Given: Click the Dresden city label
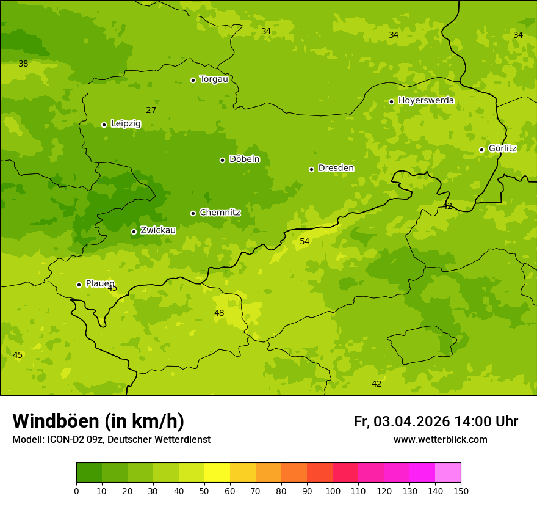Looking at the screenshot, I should point(336,168).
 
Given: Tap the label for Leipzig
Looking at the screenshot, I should point(126,123).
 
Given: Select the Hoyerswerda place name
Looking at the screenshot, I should point(426,100).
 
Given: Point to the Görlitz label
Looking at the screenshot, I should point(502,148).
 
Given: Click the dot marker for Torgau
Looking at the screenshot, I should point(193,80).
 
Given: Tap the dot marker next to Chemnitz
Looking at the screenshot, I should point(193,213).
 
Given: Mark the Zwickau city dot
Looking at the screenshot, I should point(134,232).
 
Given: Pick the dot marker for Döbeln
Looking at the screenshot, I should point(222,160).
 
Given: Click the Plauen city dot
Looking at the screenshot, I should point(79,285).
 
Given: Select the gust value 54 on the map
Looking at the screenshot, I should point(305,242).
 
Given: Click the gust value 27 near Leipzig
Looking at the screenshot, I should point(151,111).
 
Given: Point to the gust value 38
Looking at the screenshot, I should point(23,64).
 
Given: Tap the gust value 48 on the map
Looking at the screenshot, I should point(219,313).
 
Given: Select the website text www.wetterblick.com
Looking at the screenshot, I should point(440,440).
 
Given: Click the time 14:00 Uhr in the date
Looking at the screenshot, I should point(486,421).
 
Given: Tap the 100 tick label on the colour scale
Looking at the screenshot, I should point(333,491).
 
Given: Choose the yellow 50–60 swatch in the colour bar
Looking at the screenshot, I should point(217,473).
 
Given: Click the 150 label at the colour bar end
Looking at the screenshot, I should point(461,491).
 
